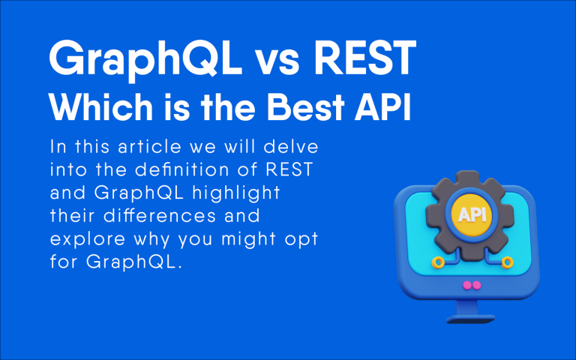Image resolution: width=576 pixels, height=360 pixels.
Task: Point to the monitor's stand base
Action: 471,317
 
